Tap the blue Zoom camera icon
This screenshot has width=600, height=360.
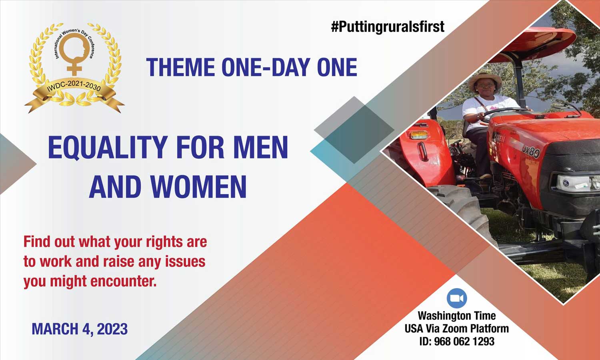point(457,298)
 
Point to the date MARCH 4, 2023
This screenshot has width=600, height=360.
point(80,329)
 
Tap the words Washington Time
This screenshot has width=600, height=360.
point(457,316)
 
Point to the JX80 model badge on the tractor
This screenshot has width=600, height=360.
point(531,152)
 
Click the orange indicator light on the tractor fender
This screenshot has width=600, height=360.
point(419,134)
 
